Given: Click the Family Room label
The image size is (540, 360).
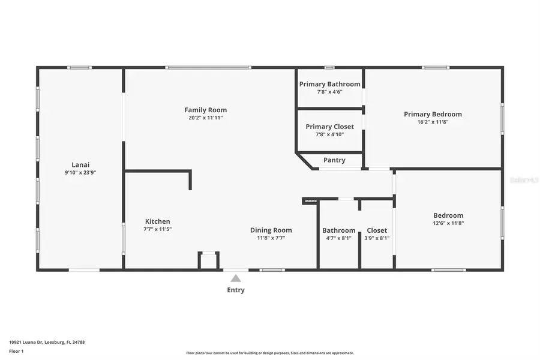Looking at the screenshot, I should pyautogui.click(x=205, y=110).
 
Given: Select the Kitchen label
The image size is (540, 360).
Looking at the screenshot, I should pyautogui.click(x=157, y=221).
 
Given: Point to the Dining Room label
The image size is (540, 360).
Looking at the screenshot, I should pyautogui.click(x=271, y=230).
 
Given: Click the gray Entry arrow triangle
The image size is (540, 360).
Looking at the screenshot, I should pyautogui.click(x=236, y=278).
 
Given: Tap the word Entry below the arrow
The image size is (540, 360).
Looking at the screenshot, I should pyautogui.click(x=236, y=290).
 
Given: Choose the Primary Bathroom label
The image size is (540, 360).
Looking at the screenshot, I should pyautogui.click(x=329, y=84).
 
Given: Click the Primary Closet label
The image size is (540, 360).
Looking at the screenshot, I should pyautogui.click(x=329, y=127).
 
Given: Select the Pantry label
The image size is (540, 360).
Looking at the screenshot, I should pyautogui.click(x=334, y=160).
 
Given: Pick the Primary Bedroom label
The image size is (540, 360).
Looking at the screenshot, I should pyautogui.click(x=433, y=114).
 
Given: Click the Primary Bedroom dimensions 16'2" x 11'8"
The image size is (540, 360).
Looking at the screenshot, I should pyautogui.click(x=433, y=122).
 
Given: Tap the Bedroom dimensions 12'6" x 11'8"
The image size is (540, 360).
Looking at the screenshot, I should pyautogui.click(x=448, y=223).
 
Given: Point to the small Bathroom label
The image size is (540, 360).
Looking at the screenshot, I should pyautogui.click(x=338, y=230).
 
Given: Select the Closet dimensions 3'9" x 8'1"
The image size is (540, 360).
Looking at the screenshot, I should pyautogui.click(x=377, y=238).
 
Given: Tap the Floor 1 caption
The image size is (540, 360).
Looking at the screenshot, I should pyautogui.click(x=16, y=351).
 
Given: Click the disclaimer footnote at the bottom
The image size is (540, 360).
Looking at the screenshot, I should pyautogui.click(x=270, y=353).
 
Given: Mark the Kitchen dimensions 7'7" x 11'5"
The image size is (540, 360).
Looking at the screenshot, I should pyautogui.click(x=157, y=229).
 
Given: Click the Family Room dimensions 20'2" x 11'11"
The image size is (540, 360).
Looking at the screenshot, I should pyautogui.click(x=205, y=118).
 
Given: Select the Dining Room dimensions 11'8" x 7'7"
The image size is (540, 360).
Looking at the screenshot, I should pyautogui.click(x=271, y=238).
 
